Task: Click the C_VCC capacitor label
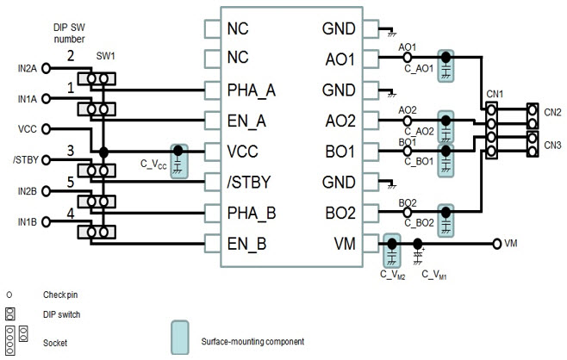click(153, 163)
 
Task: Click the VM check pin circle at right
click(496, 244)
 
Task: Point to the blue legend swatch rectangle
click(180, 338)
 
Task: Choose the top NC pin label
click(239, 28)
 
